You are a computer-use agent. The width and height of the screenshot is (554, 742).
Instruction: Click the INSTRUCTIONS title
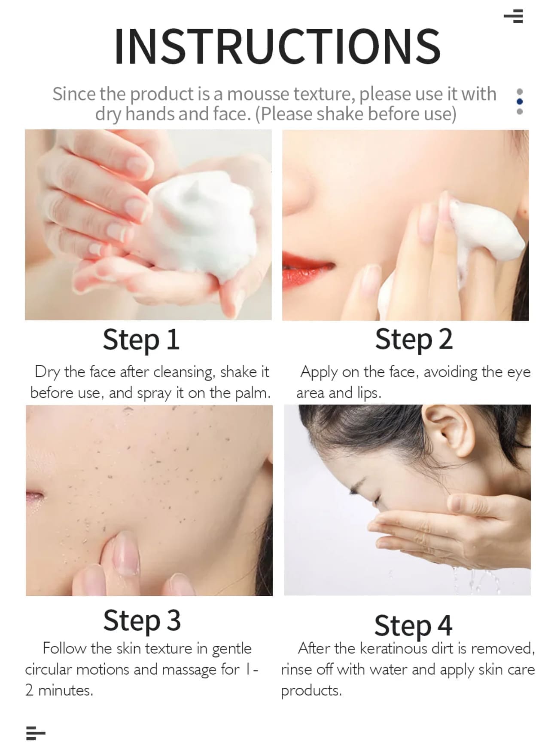277,46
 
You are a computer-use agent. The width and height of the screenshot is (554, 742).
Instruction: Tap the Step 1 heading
141,340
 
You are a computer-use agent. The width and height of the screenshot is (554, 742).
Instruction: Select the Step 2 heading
414,340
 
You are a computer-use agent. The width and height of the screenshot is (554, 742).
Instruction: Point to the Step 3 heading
142,620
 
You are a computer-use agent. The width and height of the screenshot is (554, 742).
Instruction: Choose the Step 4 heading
413,625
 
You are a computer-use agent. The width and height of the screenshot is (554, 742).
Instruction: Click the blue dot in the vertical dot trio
520,101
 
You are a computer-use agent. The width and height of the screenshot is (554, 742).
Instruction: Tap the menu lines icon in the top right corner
514,16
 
